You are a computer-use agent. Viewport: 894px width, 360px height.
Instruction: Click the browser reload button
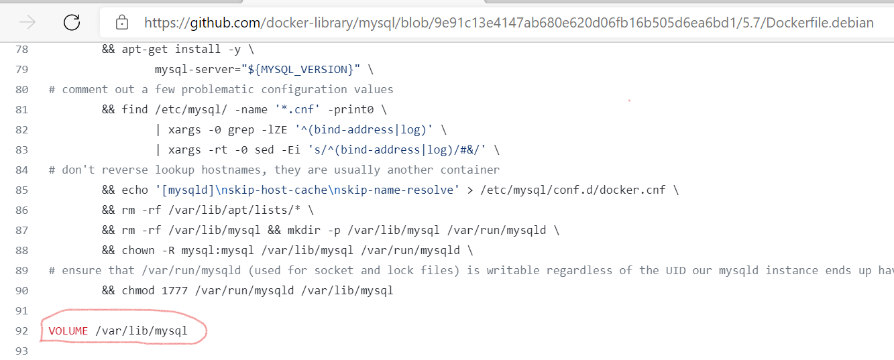72,23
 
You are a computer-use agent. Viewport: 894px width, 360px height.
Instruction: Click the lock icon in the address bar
122,23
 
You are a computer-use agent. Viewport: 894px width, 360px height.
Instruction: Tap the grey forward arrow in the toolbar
27,23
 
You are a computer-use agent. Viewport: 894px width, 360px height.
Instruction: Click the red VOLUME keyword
68,331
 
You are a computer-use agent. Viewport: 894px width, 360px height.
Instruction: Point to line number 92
21,331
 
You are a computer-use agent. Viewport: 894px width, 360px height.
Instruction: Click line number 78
21,49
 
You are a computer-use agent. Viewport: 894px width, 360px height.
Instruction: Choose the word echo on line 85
135,190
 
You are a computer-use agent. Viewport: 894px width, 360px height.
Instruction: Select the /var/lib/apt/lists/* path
227,210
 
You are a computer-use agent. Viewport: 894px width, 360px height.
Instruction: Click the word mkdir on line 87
347,230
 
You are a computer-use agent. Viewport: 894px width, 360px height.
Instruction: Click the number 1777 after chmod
174,290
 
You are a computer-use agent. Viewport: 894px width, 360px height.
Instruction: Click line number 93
21,351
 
